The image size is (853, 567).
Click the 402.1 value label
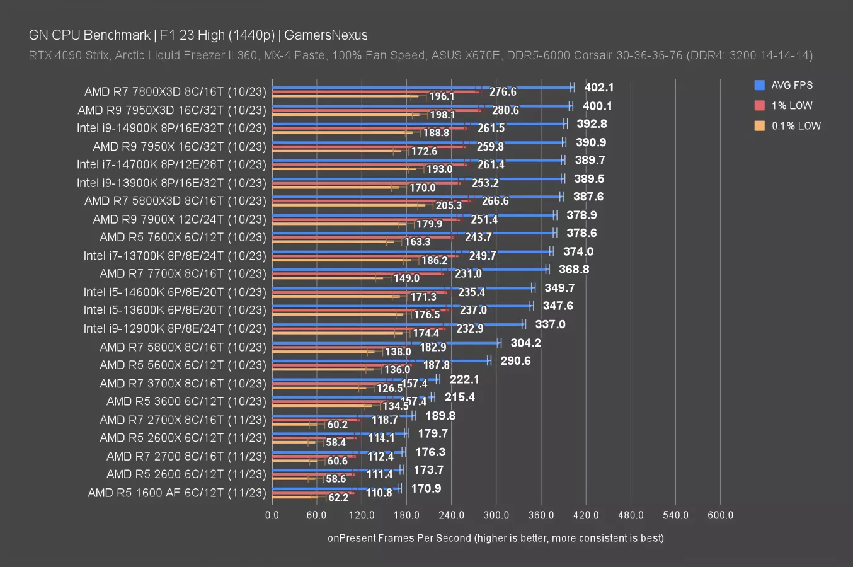click(598, 88)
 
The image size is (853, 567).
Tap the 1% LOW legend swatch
click(759, 105)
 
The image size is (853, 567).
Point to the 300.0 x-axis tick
click(496, 515)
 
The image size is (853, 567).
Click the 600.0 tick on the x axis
click(720, 515)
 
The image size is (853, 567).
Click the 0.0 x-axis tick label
click(272, 515)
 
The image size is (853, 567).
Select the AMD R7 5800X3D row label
click(175, 201)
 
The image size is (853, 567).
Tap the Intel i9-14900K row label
click(171, 128)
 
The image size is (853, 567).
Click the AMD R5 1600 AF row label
click(177, 493)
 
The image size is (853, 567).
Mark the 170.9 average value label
click(426, 488)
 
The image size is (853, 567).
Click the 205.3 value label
click(449, 205)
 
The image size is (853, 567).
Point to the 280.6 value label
click(505, 110)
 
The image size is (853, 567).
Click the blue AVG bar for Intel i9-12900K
click(397, 324)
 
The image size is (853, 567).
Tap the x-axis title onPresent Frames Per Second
click(495, 537)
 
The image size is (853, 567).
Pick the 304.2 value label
click(525, 343)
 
